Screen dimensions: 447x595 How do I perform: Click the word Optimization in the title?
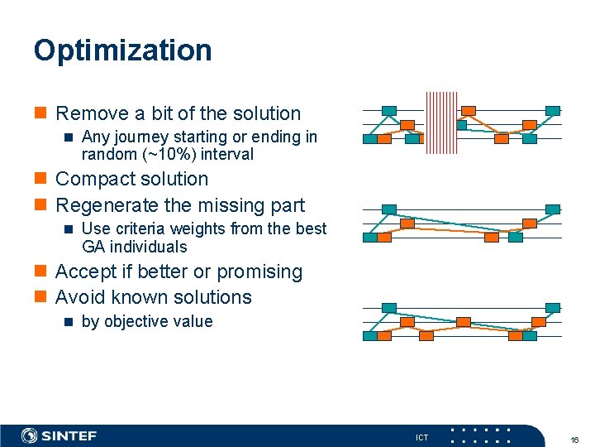coord(122,50)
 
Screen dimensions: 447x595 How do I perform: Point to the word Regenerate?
coord(107,205)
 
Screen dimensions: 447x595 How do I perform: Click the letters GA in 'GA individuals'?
coord(93,247)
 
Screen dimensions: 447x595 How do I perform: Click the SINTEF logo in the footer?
coord(59,435)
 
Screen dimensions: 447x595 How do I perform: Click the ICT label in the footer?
coord(421,437)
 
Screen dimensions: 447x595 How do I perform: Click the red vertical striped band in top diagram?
coord(440,123)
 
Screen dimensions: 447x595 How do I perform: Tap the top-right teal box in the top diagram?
coord(553,110)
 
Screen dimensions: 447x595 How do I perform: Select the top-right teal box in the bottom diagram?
coord(553,307)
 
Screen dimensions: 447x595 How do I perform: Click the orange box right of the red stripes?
coord(469,110)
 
